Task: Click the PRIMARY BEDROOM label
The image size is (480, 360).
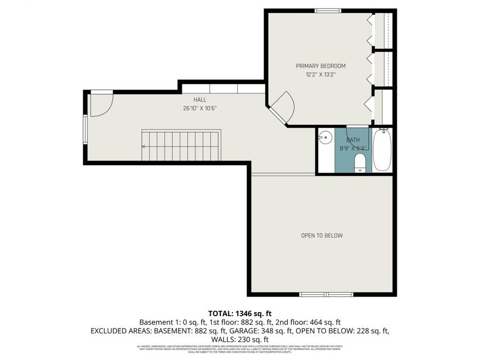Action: click(321, 66)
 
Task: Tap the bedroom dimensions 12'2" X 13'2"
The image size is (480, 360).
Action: click(321, 75)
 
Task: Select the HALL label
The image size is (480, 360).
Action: click(200, 100)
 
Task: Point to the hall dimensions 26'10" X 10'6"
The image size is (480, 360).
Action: click(199, 108)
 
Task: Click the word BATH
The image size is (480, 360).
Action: click(353, 140)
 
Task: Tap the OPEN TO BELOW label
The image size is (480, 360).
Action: click(322, 235)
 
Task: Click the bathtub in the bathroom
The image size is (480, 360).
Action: click(382, 150)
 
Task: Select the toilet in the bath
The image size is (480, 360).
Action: click(360, 163)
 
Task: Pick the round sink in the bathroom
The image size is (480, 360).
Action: click(325, 138)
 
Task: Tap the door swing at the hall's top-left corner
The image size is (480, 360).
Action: click(100, 104)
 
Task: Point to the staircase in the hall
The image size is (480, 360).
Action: click(181, 145)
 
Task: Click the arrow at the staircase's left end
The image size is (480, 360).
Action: click(144, 146)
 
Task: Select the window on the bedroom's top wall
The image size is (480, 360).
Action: click(328, 11)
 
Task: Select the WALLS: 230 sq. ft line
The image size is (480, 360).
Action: click(239, 339)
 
